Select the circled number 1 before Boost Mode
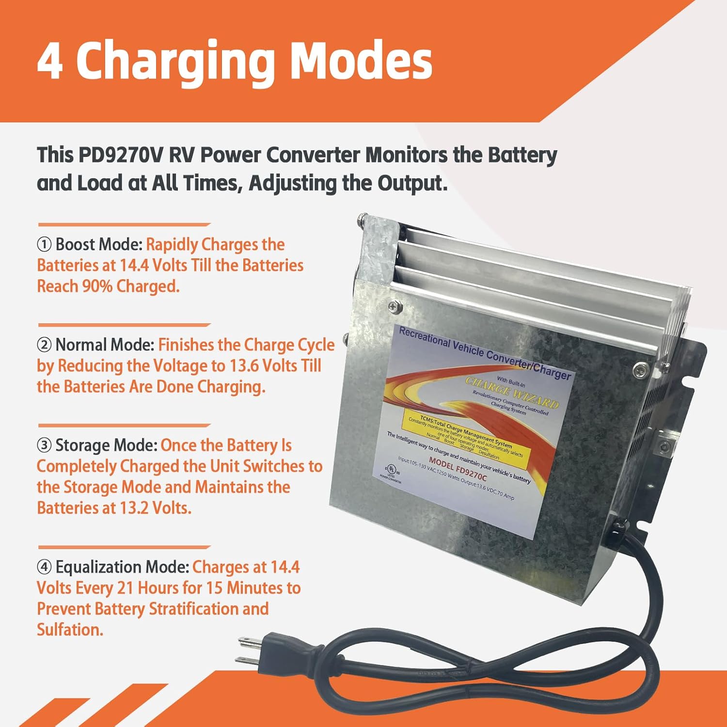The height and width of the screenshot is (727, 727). click(44, 245)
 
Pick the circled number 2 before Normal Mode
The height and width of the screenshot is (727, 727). click(44, 345)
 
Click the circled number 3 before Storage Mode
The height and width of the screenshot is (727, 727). click(44, 445)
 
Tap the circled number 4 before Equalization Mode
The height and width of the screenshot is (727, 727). click(44, 567)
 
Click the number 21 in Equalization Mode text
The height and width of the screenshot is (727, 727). click(125, 588)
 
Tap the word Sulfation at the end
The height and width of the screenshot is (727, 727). click(70, 630)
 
